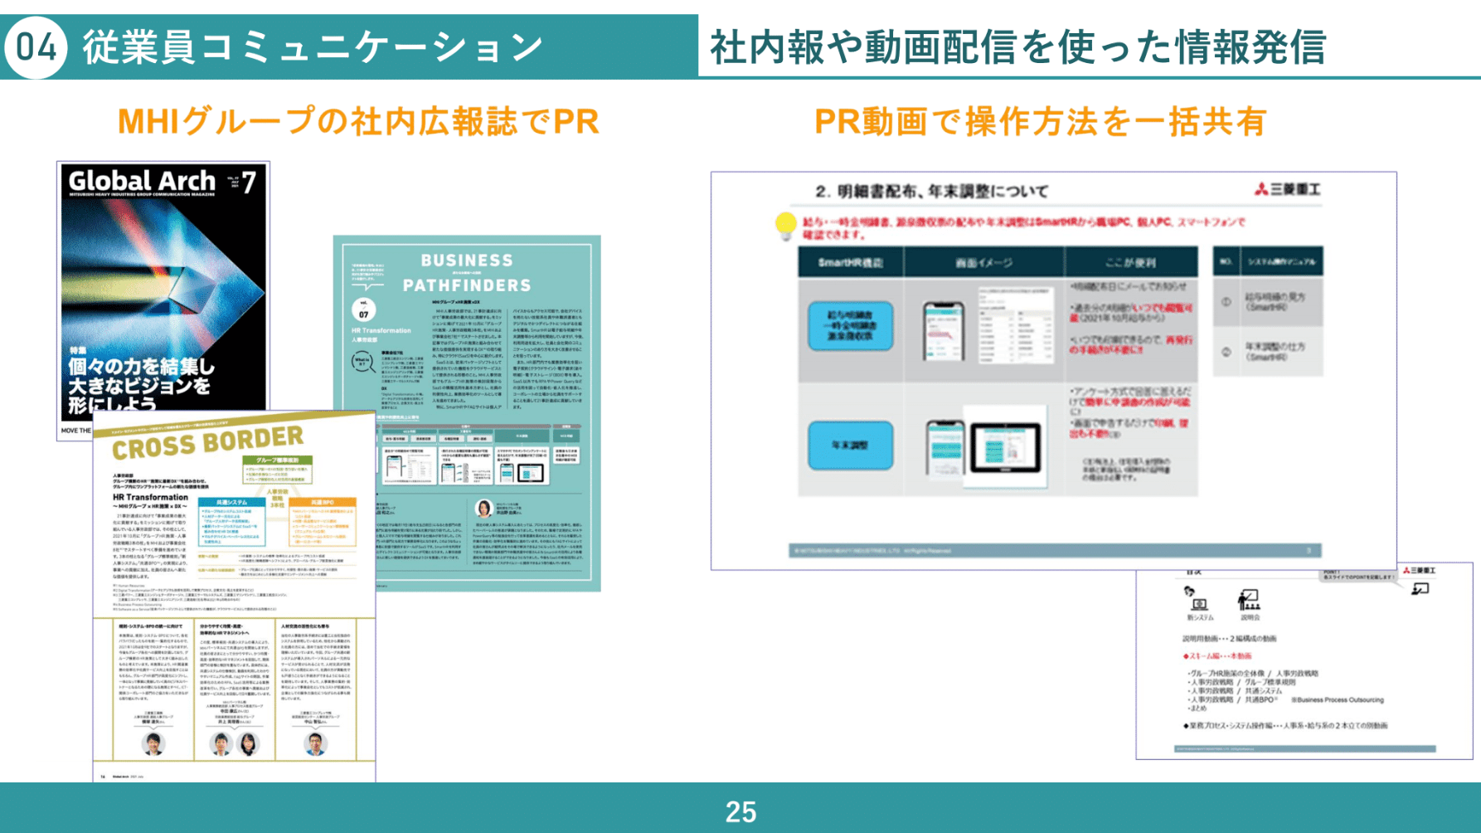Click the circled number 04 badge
[36, 47]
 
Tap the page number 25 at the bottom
[740, 811]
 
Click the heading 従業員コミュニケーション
[313, 47]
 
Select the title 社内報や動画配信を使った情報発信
[1017, 47]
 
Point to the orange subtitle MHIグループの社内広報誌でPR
[358, 122]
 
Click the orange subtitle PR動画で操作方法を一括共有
[1040, 122]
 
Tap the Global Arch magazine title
[142, 181]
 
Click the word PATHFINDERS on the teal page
[467, 285]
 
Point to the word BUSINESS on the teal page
[467, 261]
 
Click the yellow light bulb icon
[784, 226]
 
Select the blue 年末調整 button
[850, 446]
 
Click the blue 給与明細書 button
[850, 325]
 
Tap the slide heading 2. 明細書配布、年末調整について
[931, 192]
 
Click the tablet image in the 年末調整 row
[1005, 448]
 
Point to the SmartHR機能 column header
[850, 263]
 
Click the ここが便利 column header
[1130, 263]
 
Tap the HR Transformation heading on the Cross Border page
[150, 498]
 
